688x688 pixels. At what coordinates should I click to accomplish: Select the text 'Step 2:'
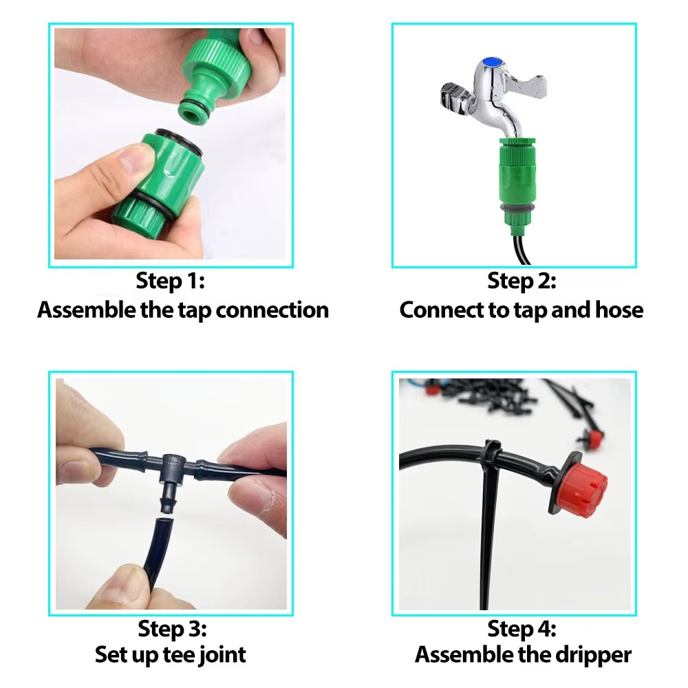click(522, 281)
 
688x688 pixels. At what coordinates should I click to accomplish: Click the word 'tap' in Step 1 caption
click(194, 310)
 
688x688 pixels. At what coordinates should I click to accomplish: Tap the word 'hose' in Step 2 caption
click(617, 310)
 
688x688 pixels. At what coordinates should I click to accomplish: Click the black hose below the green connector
click(519, 248)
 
